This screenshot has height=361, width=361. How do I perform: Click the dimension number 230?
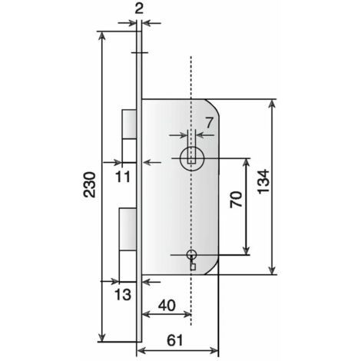tap(89, 184)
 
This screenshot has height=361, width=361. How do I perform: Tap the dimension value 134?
tap(263, 181)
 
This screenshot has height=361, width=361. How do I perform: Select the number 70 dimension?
tap(236, 199)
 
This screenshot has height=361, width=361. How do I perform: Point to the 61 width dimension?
tap(175, 340)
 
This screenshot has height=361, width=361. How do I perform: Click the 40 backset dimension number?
tap(167, 305)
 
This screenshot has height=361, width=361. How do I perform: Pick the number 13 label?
tap(123, 294)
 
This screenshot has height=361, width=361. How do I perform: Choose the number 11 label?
tap(123, 177)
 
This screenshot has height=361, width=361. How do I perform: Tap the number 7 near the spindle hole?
tap(209, 123)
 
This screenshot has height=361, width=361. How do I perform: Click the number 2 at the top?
tap(138, 9)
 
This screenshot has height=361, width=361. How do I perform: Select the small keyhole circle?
tap(191, 254)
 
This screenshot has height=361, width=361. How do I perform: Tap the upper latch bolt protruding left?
tap(129, 124)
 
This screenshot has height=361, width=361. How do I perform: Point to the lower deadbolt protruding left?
tap(128, 229)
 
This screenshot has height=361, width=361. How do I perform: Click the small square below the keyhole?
tap(193, 267)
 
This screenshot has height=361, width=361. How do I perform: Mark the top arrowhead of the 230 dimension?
tap(102, 36)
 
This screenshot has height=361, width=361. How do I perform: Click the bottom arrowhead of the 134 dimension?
tap(272, 270)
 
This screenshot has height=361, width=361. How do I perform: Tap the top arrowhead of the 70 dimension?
tap(247, 162)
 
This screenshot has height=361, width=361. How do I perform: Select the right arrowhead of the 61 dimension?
tap(214, 350)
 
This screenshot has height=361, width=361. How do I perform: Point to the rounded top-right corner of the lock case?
tap(214, 105)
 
